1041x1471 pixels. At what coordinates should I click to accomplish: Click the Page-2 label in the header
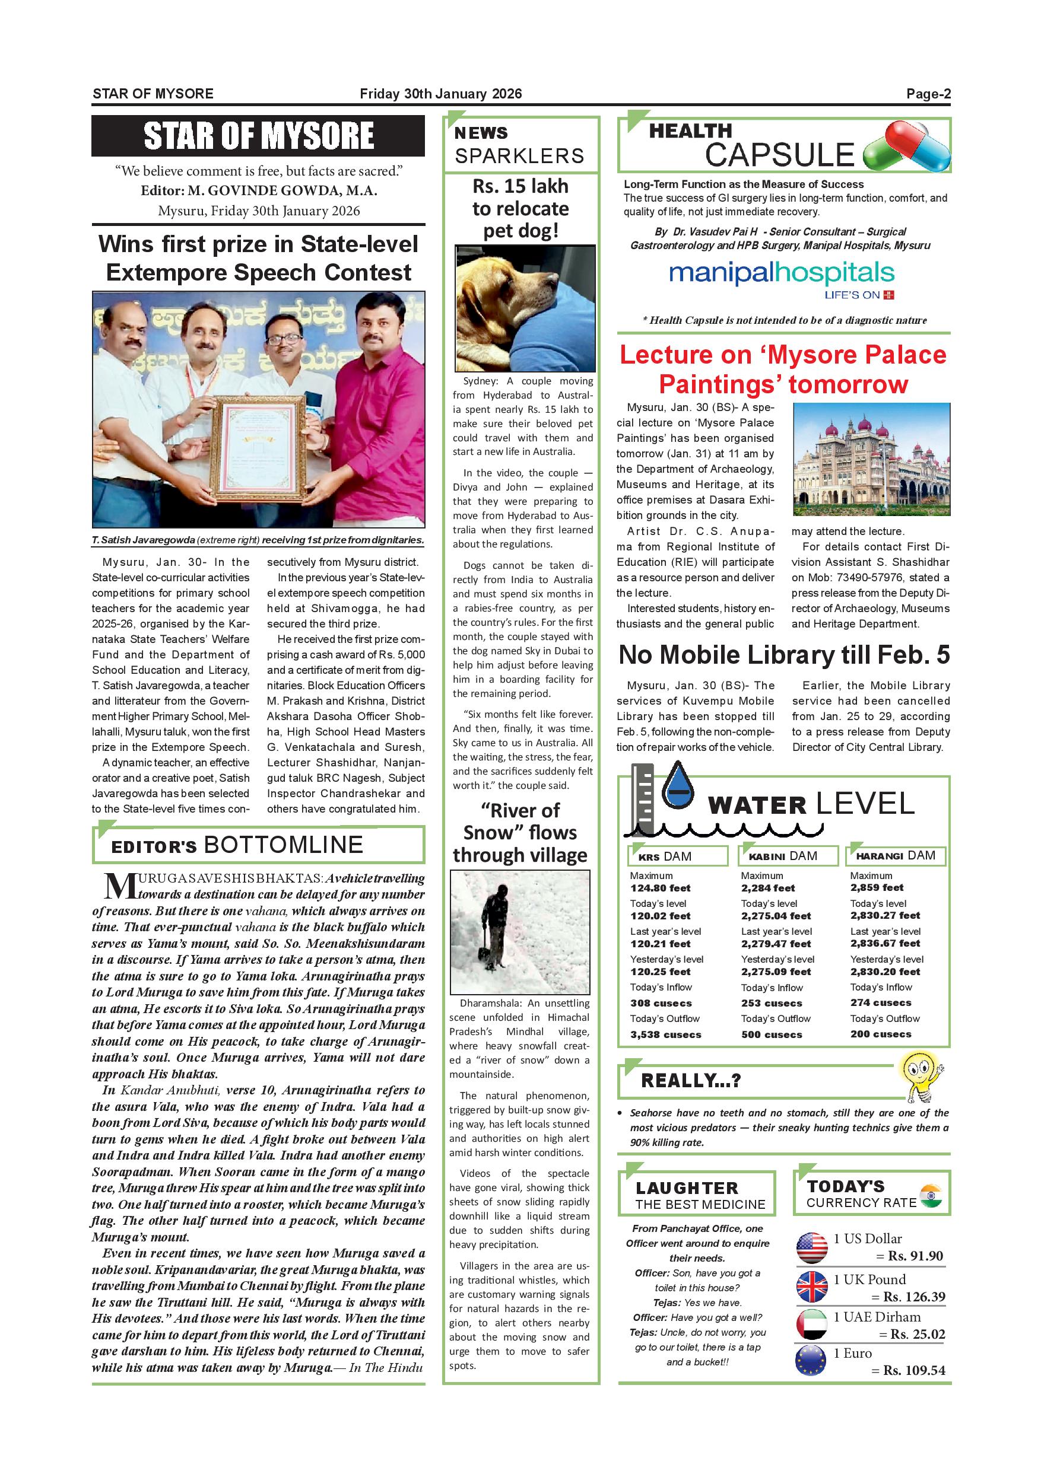[928, 94]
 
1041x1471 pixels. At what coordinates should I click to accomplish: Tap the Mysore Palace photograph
[871, 459]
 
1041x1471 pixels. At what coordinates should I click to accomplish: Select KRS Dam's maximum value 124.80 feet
[659, 888]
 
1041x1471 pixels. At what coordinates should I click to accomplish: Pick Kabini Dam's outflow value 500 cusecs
[771, 1034]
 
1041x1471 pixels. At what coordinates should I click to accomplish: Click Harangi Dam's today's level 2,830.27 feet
[884, 916]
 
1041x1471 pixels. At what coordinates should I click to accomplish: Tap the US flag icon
[811, 1247]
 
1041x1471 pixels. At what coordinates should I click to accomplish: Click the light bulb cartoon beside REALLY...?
[921, 1077]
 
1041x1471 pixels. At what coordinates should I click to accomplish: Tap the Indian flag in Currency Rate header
[930, 1196]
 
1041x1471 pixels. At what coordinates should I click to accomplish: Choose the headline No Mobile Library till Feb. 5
[784, 655]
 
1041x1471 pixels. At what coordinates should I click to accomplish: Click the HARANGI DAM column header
[896, 855]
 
